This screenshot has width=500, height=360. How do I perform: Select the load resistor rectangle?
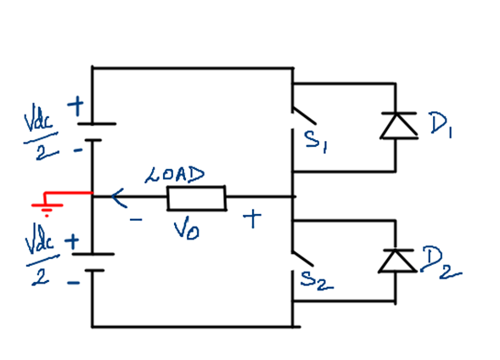196,198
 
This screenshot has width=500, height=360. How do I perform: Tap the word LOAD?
175,175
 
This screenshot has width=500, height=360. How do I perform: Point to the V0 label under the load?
187,228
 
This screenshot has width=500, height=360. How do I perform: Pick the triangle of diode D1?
399,127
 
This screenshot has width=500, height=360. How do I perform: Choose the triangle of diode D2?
397,262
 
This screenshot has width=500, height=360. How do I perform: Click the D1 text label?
441,125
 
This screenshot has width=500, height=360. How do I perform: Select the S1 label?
316,142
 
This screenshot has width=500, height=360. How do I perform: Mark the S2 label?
317,280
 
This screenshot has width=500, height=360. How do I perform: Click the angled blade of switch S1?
304,115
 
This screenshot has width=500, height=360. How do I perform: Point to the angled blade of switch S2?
303,259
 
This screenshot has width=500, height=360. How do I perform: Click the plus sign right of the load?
252,218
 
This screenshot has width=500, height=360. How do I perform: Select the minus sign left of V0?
136,219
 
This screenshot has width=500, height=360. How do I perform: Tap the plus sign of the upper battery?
76,106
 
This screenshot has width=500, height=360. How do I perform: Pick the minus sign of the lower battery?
74,283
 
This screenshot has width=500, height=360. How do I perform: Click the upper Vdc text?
38,121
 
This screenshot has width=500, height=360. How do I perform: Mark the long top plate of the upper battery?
97,123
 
